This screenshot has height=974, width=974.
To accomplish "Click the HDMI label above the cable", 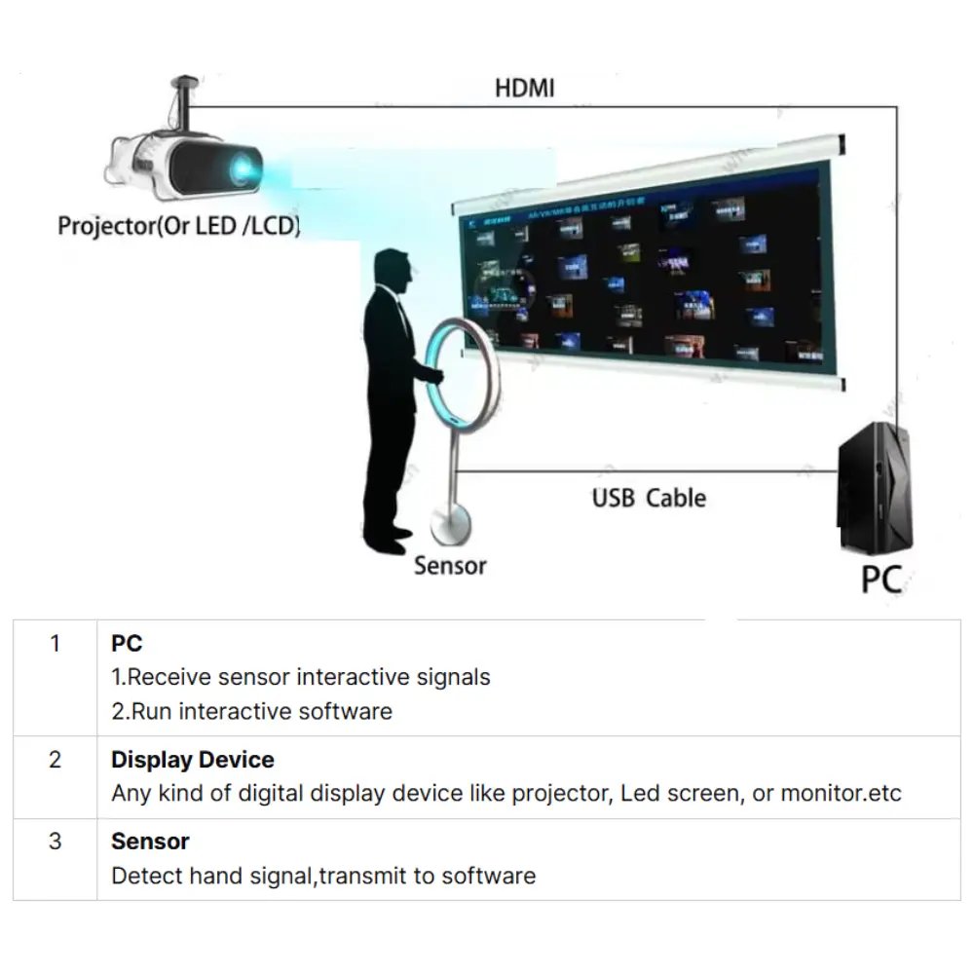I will [x=524, y=88].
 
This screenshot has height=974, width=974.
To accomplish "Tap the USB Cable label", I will [x=649, y=498].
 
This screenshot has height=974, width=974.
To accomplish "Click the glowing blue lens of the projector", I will [x=242, y=170].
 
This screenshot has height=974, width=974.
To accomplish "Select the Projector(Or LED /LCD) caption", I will [x=178, y=226].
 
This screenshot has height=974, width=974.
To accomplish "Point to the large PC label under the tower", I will [x=880, y=579].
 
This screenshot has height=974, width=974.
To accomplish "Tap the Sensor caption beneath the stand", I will [x=449, y=565].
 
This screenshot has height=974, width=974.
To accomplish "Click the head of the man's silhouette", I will [x=393, y=272].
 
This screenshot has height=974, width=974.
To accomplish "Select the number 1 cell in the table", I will [x=56, y=643].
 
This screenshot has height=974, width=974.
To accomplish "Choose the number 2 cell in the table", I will [x=56, y=760].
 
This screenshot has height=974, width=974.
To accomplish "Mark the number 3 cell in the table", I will [x=56, y=841].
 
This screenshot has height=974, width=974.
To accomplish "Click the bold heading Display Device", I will [x=193, y=760].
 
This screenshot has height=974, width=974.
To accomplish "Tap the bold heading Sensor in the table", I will [x=150, y=842].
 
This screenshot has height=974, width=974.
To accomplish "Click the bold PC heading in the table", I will [x=127, y=643].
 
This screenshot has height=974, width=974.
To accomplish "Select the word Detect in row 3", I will [x=143, y=876].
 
